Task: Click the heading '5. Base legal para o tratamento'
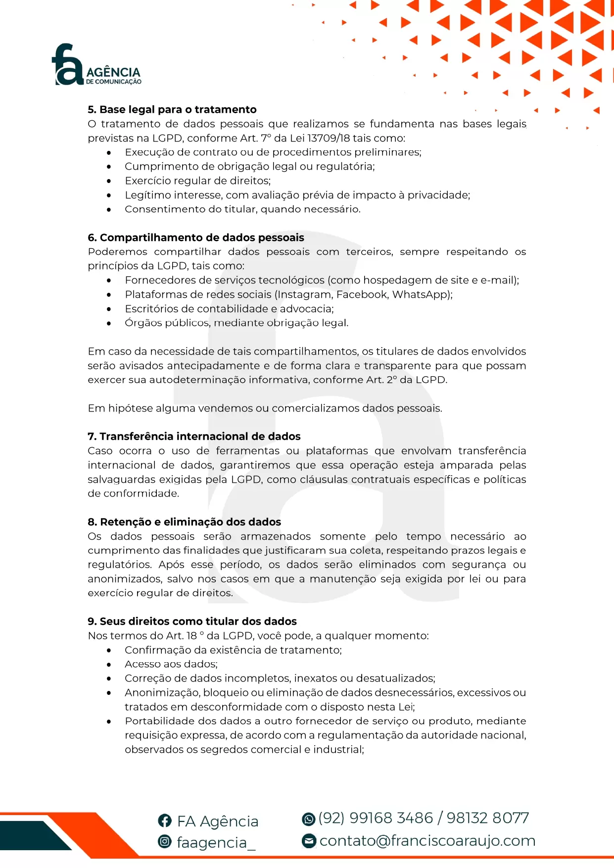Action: click(x=172, y=109)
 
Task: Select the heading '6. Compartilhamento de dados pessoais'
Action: click(x=196, y=237)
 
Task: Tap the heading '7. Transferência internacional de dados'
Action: click(x=194, y=436)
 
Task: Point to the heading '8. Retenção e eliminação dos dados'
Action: click(x=184, y=522)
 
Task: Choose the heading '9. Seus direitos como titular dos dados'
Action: click(x=192, y=621)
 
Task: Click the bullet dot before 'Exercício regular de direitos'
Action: click(x=109, y=181)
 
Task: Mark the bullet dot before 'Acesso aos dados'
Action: click(x=109, y=664)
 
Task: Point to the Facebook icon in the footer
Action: click(x=164, y=821)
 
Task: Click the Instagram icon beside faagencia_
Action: click(x=164, y=841)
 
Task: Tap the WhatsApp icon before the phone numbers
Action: click(x=308, y=819)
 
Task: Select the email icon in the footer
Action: click(x=309, y=841)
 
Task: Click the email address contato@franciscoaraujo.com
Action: click(x=427, y=841)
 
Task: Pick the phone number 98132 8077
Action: click(x=487, y=818)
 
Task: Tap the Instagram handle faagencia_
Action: click(x=216, y=842)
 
